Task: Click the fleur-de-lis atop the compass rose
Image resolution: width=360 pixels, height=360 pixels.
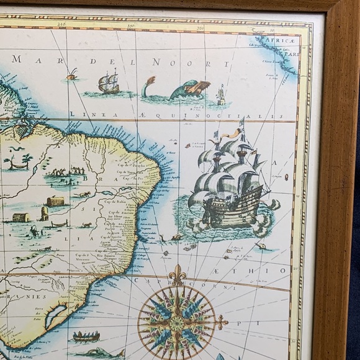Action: click(178, 274)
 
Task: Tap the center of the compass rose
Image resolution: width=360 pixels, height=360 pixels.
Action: click(177, 323)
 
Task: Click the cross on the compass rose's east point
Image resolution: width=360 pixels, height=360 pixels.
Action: click(222, 322)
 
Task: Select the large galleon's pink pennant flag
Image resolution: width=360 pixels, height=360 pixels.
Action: click(232, 132)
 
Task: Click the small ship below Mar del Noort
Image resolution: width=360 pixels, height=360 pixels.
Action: click(109, 82)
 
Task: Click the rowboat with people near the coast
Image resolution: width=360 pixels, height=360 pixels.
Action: click(86, 336)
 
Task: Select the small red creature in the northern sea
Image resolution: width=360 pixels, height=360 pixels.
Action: click(73, 75)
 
